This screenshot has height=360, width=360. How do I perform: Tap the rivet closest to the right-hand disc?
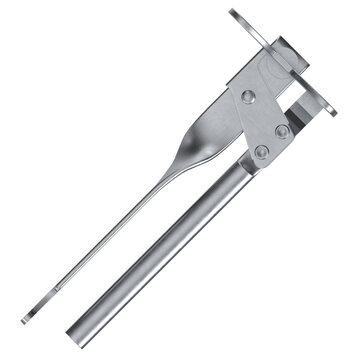(283, 131)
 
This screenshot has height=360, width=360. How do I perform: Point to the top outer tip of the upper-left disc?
(233, 11)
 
